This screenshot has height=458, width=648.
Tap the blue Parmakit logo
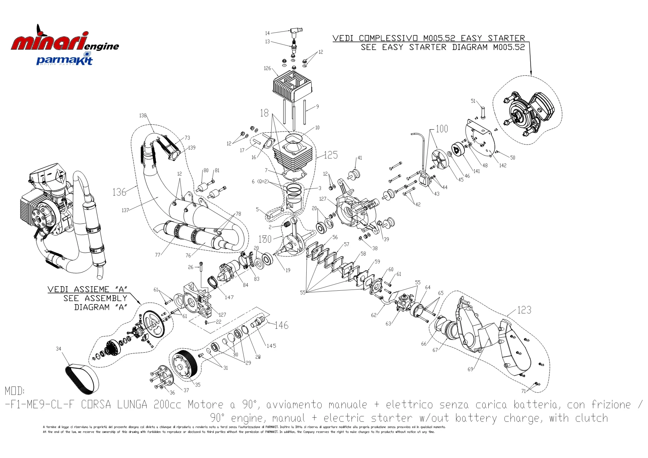tap(64, 60)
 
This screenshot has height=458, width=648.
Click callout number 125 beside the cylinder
tap(331, 155)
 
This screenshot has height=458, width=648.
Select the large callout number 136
tap(119, 192)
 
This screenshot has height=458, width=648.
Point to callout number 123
tap(524, 310)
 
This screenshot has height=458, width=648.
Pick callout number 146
tap(281, 325)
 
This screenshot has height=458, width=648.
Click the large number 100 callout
tap(442, 129)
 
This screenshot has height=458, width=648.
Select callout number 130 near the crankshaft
tap(265, 239)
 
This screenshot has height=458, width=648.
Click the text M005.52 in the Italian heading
tap(439, 38)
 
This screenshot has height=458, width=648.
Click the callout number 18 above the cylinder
tap(264, 113)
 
